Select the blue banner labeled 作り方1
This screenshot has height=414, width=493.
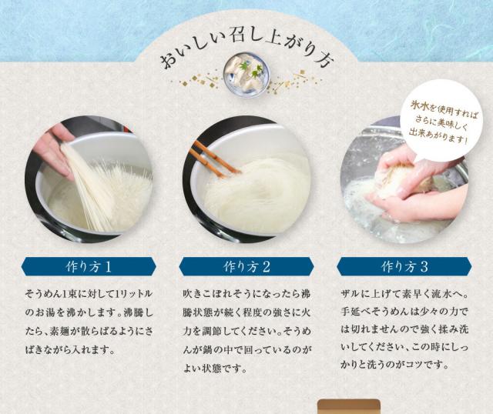(x=89, y=266)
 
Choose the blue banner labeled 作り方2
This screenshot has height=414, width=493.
(x=246, y=266)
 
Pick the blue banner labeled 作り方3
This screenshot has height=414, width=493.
(x=404, y=266)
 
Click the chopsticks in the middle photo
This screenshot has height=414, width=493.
(x=214, y=159)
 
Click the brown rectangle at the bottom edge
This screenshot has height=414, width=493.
(x=349, y=406)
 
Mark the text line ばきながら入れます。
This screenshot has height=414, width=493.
(x=70, y=349)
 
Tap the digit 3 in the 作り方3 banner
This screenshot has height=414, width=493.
(x=424, y=267)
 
